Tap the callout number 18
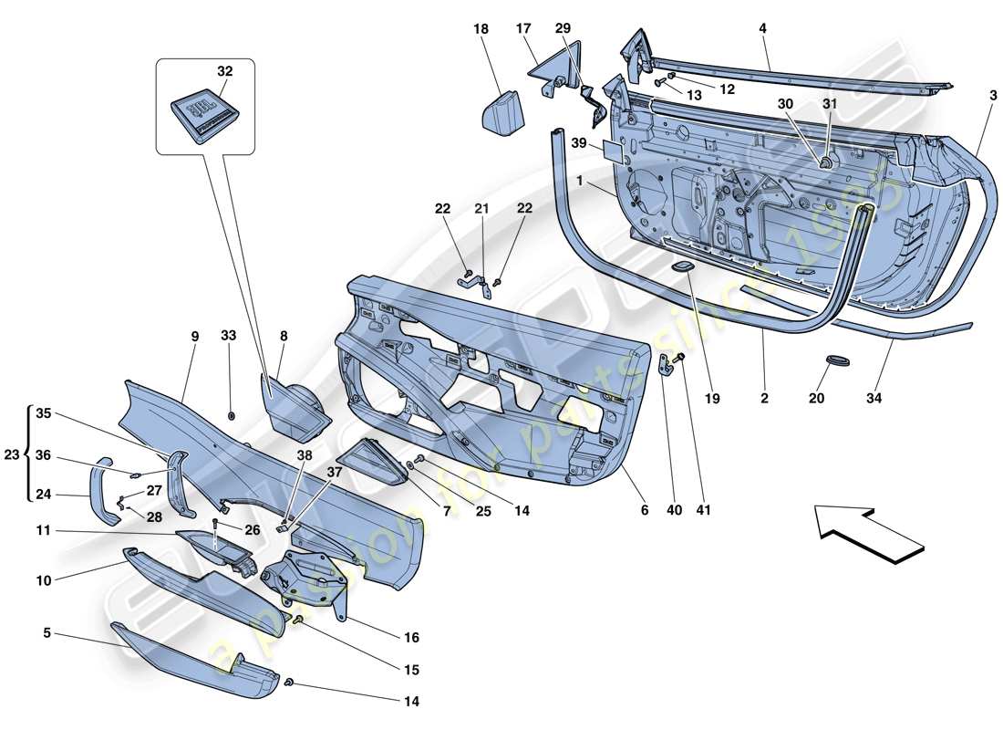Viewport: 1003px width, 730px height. click(481, 29)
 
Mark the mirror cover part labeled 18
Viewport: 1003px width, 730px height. click(500, 109)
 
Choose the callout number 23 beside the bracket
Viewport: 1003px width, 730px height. click(12, 454)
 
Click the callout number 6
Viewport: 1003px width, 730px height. click(644, 510)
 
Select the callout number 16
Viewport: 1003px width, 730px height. click(411, 637)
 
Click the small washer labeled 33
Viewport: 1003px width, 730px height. click(232, 416)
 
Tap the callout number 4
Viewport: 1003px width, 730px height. click(762, 29)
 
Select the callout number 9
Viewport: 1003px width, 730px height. click(194, 336)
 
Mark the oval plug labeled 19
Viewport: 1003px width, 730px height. click(681, 266)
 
